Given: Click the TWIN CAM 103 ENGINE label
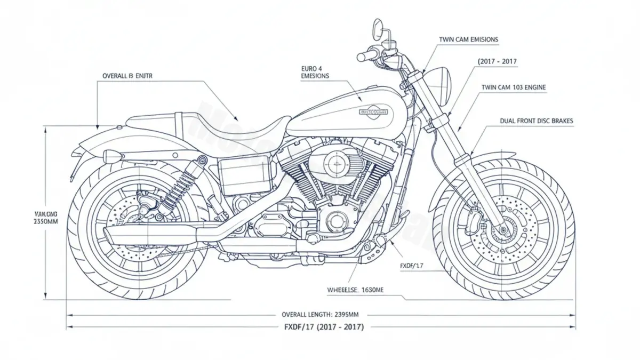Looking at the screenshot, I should click(x=514, y=87).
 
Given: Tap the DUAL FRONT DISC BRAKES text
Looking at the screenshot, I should click(x=537, y=121).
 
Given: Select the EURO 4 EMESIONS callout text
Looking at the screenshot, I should click(x=315, y=72).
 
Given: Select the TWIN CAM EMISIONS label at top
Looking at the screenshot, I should click(x=468, y=39).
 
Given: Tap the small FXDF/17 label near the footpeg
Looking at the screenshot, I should click(x=411, y=265).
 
